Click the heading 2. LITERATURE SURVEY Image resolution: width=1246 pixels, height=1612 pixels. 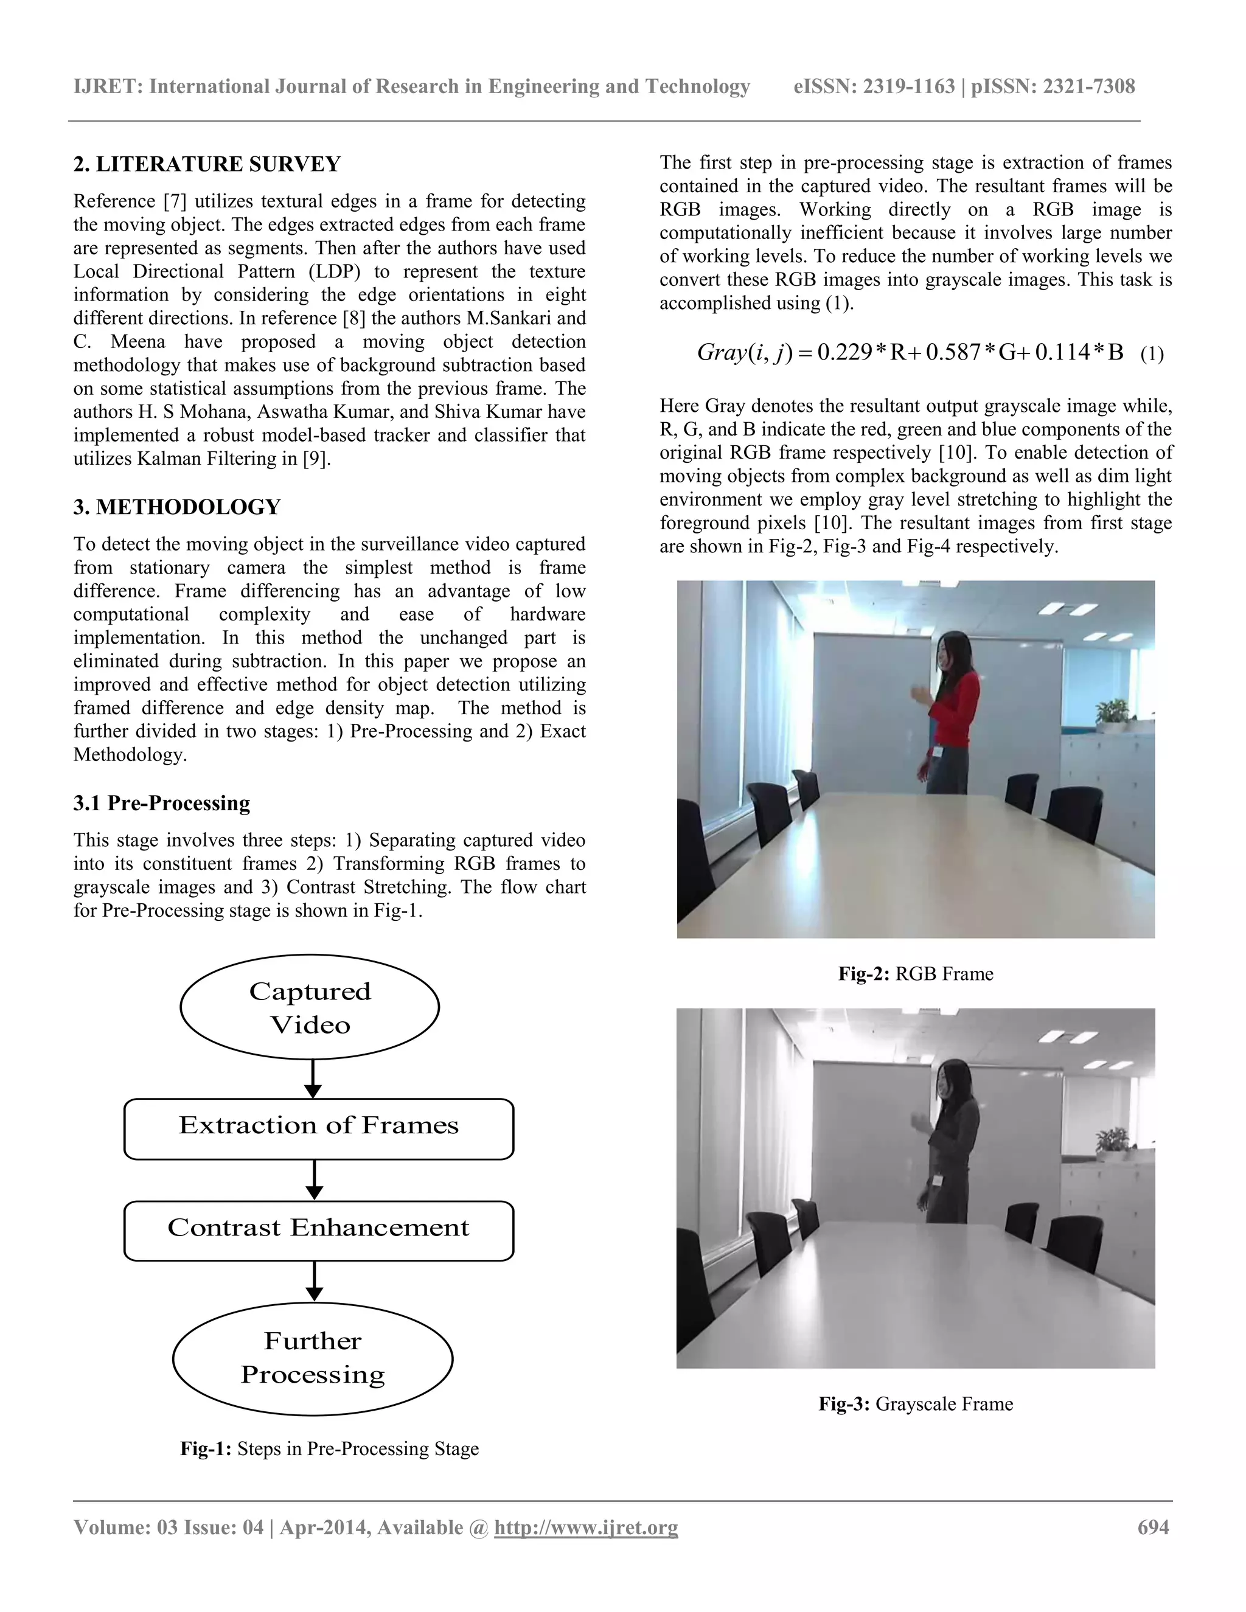(207, 164)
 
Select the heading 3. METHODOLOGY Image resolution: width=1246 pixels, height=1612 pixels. (176, 507)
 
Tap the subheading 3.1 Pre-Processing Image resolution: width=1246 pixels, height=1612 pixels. (162, 803)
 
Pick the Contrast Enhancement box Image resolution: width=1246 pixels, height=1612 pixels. (318, 1228)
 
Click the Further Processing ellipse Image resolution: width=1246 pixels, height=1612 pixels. (312, 1358)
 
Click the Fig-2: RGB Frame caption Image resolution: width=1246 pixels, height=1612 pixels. (915, 973)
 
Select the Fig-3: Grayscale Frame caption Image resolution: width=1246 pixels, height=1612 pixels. (915, 1404)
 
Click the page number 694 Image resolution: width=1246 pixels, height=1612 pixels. (1153, 1527)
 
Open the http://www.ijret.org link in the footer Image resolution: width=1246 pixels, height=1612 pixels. (585, 1527)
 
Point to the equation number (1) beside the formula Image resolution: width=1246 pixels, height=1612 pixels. (1152, 354)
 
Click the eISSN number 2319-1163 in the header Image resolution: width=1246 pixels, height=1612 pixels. (909, 86)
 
